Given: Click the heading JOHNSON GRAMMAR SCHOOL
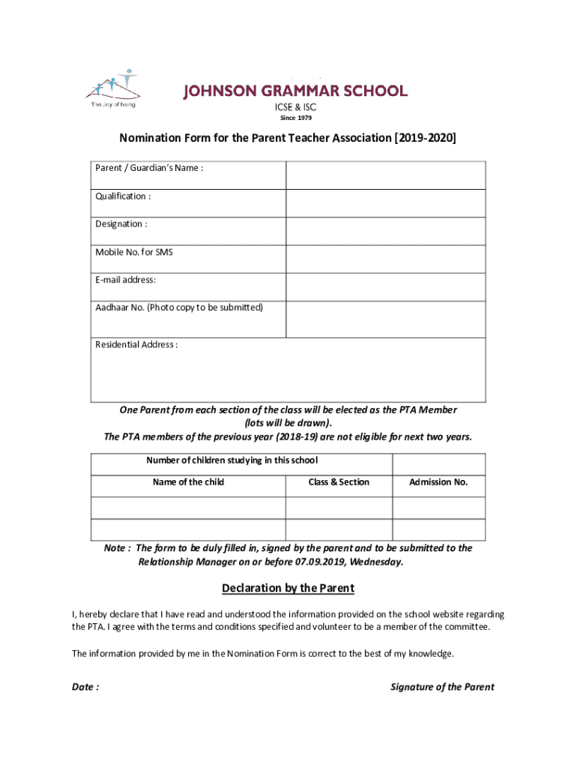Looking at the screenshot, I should click(296, 91).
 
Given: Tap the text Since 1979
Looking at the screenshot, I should click(296, 118).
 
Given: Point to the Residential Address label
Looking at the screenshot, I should click(136, 345).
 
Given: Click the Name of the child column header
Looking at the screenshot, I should click(188, 482).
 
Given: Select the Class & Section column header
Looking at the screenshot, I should click(339, 482).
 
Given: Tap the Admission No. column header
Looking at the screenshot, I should click(438, 482).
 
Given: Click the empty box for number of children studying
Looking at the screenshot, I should click(438, 463).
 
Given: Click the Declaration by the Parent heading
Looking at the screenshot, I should click(288, 588).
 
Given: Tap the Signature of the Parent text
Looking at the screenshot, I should click(442, 687).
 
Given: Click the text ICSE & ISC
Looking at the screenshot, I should click(296, 106).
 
